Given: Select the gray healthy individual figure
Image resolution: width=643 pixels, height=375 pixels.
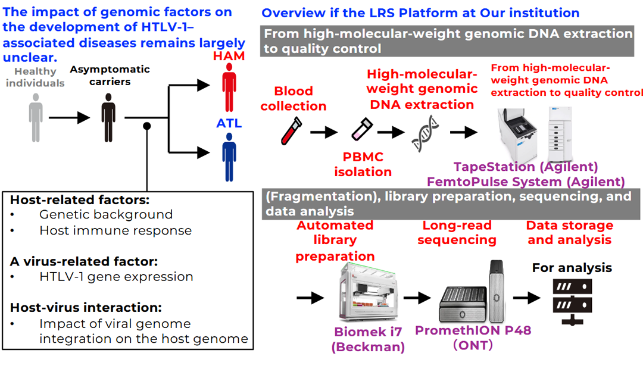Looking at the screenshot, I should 36,117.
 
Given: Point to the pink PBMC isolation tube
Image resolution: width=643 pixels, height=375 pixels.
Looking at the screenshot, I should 361,129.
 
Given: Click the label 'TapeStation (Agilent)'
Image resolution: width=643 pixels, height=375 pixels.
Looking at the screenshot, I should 526,167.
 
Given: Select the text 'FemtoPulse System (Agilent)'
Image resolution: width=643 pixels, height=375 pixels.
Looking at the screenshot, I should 526,181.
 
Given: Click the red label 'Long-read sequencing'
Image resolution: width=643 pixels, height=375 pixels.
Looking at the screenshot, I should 457,233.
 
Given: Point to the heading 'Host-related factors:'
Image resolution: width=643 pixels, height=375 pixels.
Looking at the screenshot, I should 80,199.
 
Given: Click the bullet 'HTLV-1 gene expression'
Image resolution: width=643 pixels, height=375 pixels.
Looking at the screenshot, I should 116,276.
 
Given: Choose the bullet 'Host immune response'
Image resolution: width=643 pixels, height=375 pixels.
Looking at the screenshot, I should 116,230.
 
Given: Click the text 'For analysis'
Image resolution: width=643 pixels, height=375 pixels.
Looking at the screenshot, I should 572,268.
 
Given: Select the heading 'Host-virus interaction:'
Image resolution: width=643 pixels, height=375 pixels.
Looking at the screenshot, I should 86,308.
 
